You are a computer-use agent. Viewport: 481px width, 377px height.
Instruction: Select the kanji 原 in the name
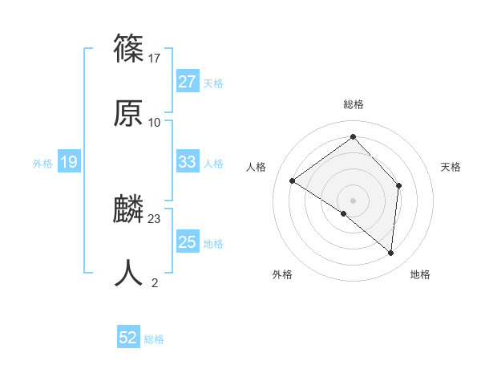point(128,114)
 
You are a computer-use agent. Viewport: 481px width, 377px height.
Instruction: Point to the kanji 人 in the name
point(128,274)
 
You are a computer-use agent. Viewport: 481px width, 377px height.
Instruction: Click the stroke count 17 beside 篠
point(155,59)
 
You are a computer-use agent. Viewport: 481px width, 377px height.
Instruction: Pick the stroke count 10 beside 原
point(155,122)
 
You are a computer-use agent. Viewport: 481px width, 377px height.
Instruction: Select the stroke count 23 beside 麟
point(155,218)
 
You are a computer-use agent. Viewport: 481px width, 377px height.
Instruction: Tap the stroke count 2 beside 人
point(155,282)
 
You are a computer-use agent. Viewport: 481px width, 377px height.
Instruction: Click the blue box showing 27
point(187,82)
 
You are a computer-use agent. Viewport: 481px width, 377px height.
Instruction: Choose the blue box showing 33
point(187,163)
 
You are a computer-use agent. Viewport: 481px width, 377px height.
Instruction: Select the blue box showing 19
point(69,163)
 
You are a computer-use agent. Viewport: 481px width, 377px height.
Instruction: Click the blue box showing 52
point(128,338)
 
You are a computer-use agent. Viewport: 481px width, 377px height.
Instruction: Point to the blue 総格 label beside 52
point(154,339)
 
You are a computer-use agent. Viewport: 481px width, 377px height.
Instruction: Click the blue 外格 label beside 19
point(42,164)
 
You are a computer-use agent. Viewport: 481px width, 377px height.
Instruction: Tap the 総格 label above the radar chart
point(353,104)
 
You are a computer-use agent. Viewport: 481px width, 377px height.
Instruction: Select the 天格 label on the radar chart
point(451,167)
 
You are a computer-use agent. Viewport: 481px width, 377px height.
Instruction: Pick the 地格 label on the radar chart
point(420,274)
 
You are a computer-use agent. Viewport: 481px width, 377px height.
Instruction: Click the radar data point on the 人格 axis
point(293,181)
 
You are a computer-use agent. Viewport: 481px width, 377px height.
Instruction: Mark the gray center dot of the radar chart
point(353,200)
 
